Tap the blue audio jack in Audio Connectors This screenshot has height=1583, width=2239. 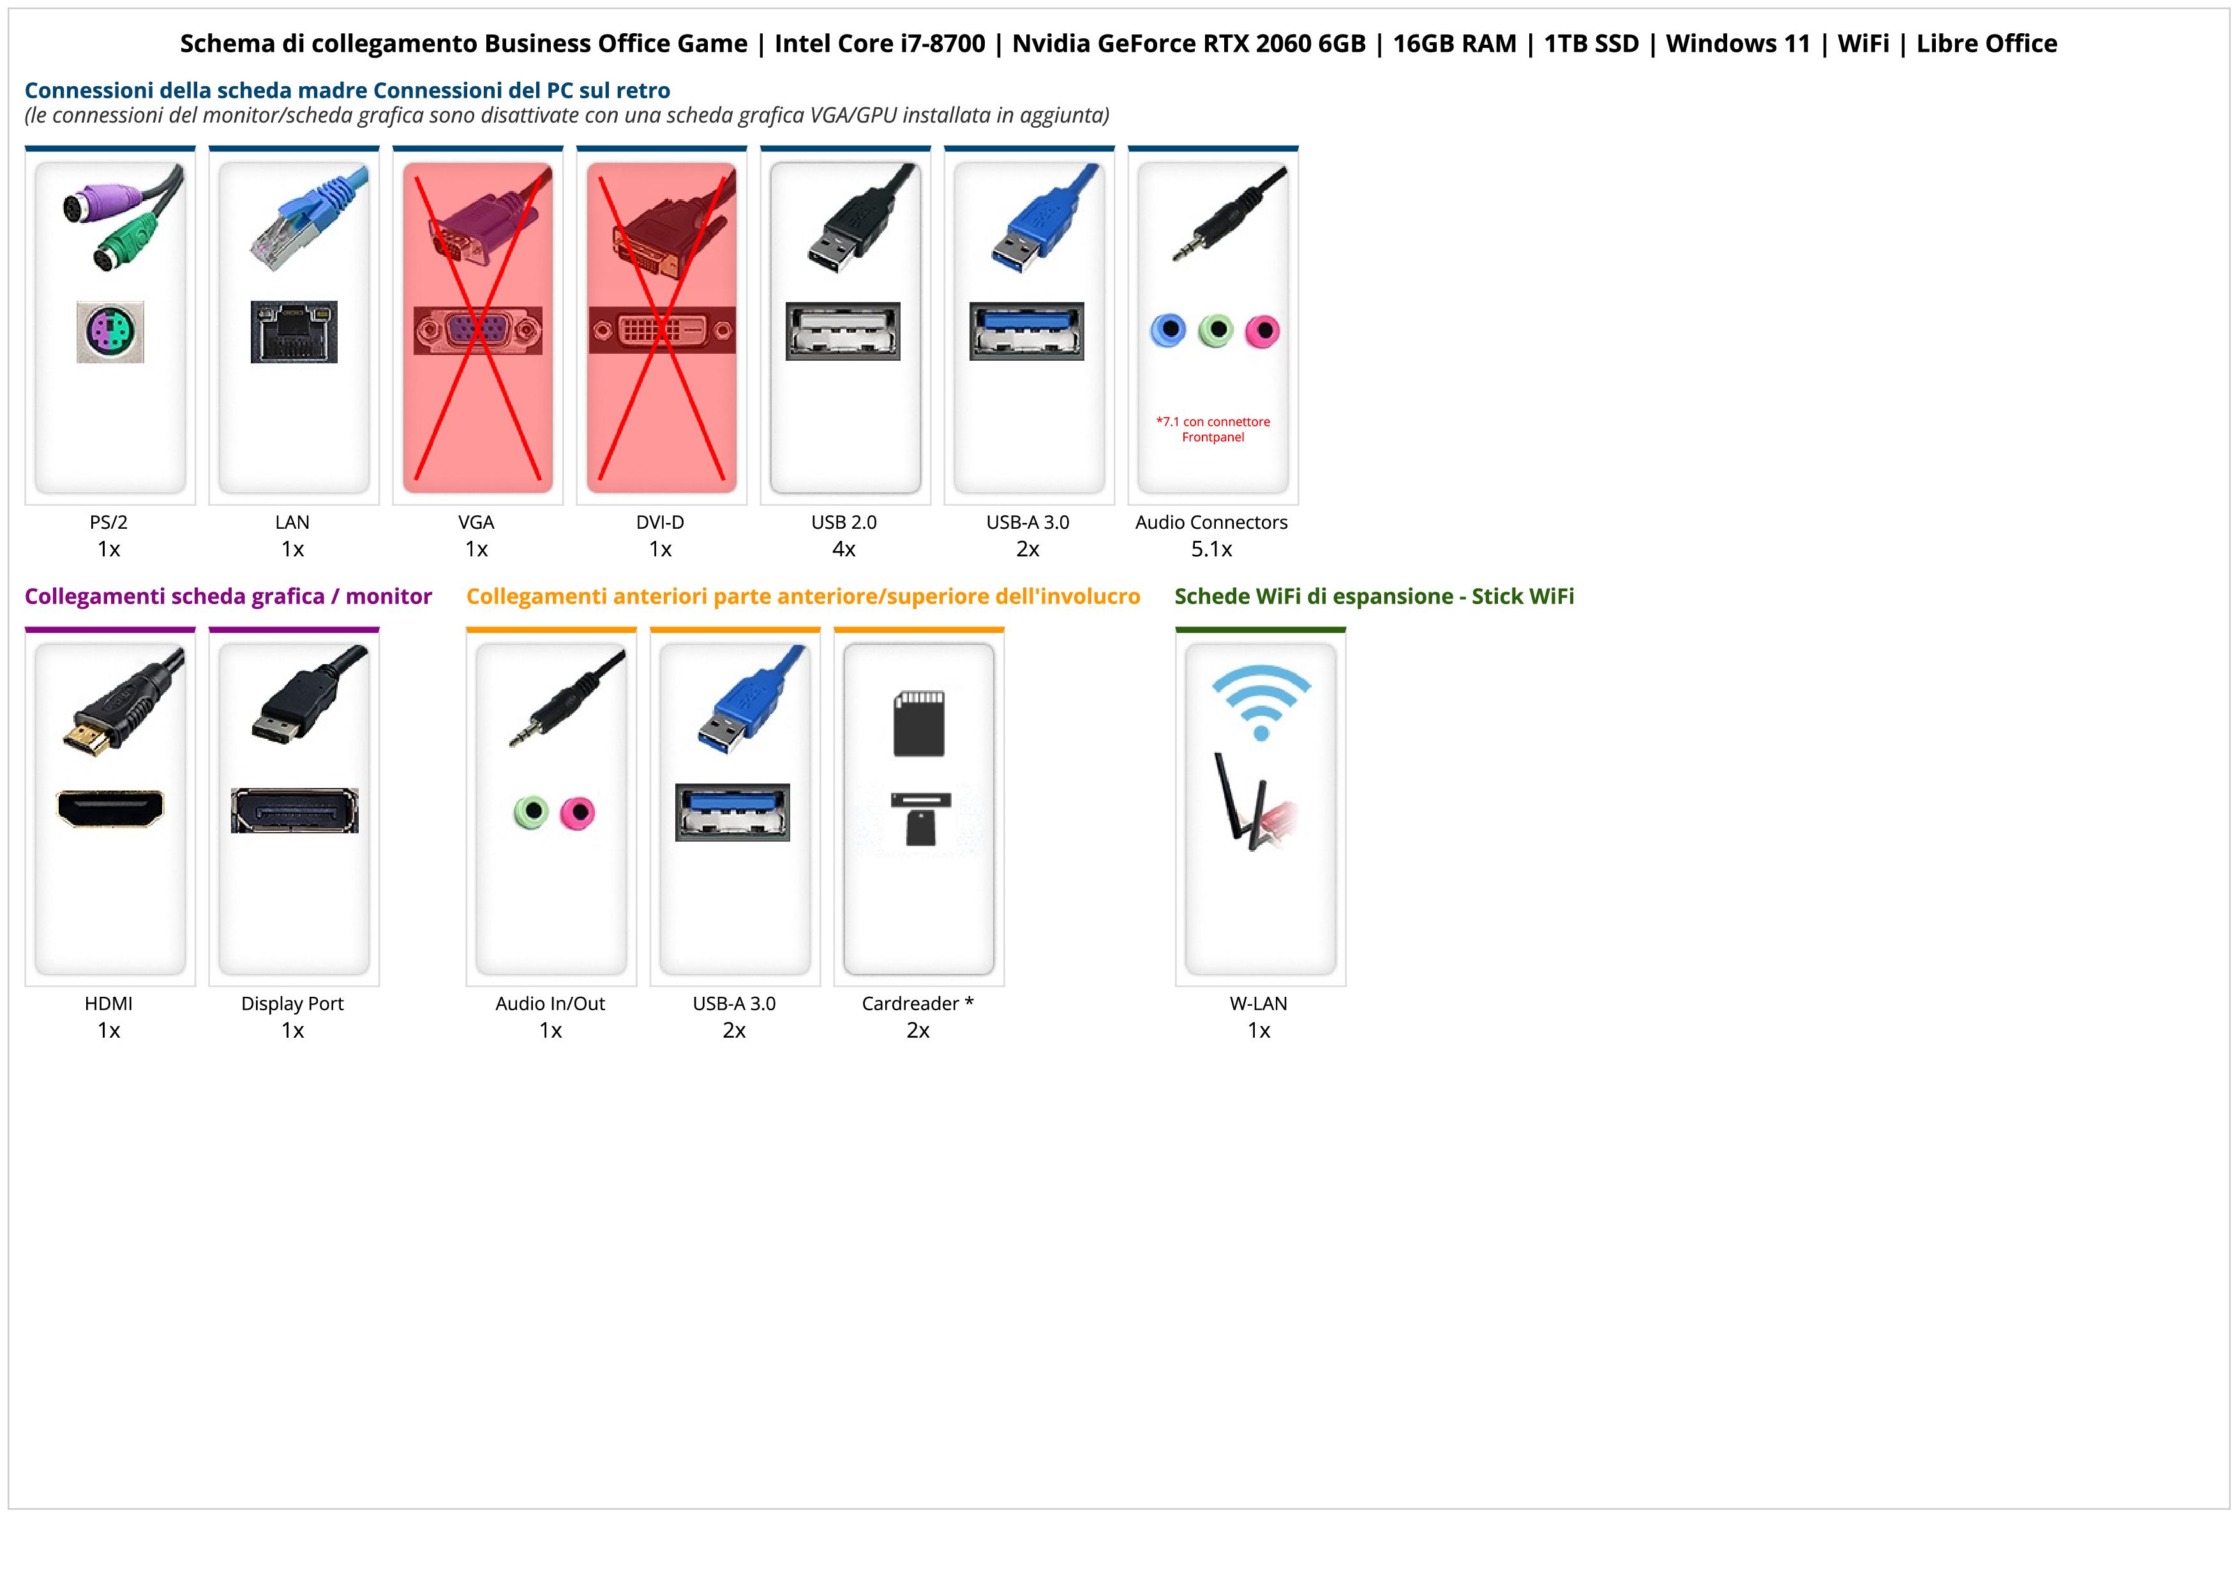click(x=1168, y=331)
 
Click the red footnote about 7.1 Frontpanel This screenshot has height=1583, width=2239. click(x=1213, y=429)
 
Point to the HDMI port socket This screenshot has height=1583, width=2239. click(x=110, y=808)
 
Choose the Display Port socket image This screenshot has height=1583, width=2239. click(x=294, y=810)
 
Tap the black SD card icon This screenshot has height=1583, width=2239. click(x=918, y=723)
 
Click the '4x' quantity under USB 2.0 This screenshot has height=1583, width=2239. click(x=844, y=549)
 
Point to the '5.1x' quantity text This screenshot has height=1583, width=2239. click(x=1211, y=549)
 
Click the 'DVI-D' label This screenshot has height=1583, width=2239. click(x=660, y=523)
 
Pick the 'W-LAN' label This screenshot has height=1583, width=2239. click(x=1258, y=1004)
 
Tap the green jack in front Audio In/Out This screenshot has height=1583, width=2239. click(x=530, y=812)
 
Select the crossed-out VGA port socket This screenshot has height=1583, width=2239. click(x=477, y=331)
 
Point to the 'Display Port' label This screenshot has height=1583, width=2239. click(x=292, y=1004)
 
